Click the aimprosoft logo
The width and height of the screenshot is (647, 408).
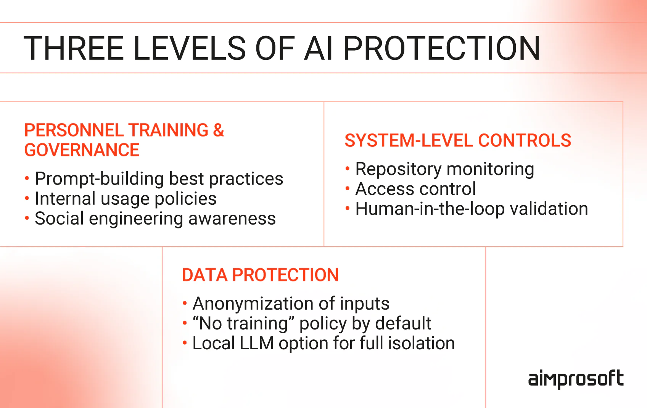coord(576,379)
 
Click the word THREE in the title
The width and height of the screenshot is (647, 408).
coord(74,48)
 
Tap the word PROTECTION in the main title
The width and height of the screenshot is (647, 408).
coord(441,48)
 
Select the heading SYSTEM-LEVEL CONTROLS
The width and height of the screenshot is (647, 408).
coord(458,141)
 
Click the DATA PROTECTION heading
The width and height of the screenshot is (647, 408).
coord(260,275)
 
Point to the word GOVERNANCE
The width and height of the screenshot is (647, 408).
coord(82,150)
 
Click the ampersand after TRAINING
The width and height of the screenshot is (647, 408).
coord(219,130)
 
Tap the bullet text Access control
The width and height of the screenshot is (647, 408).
coord(415,189)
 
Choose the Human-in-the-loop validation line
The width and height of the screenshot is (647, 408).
coord(472,209)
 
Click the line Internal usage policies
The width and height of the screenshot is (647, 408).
coord(126,199)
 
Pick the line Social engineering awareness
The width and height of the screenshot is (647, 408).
coord(155,218)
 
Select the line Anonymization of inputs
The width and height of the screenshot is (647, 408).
coord(291,304)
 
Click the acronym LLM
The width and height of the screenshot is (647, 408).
coord(256,343)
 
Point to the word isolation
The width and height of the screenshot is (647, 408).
coord(422,343)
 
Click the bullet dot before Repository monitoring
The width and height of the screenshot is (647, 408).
coord(348,168)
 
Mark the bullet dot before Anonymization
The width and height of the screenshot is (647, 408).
coord(185,303)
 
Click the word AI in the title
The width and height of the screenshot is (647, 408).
coord(318,48)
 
